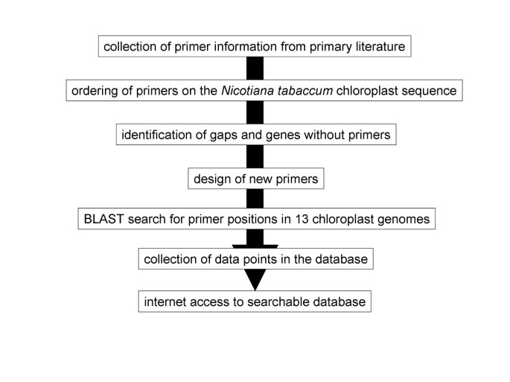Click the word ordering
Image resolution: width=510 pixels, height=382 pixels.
click(93, 92)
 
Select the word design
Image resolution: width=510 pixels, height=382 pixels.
click(211, 179)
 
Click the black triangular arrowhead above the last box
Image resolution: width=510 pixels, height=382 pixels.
click(255, 279)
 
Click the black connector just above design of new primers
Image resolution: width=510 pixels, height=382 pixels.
click(255, 158)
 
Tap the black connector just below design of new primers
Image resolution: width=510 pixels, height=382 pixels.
click(255, 200)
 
